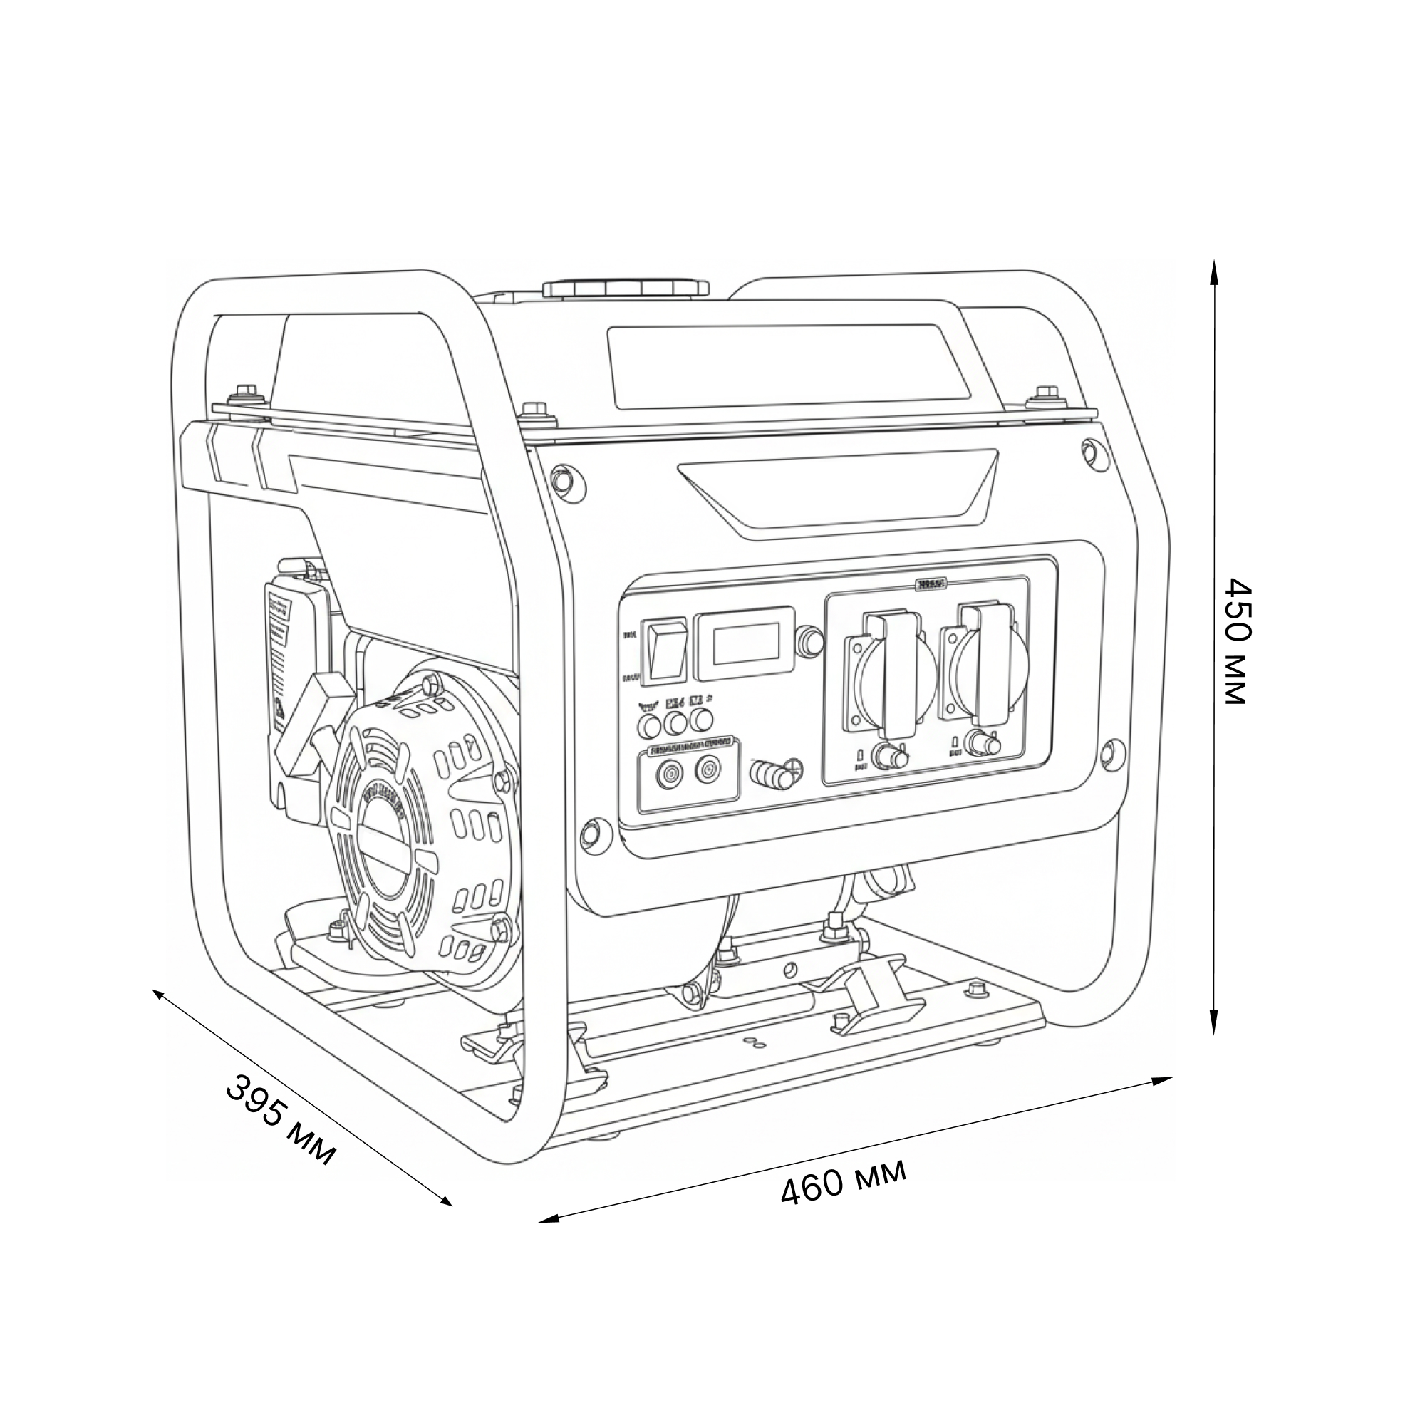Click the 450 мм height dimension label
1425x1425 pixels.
pos(1236,641)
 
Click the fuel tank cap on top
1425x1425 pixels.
pos(626,288)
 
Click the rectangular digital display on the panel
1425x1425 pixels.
pos(746,643)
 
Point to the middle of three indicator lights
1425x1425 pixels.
pos(675,722)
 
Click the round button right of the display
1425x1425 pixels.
pos(812,642)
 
